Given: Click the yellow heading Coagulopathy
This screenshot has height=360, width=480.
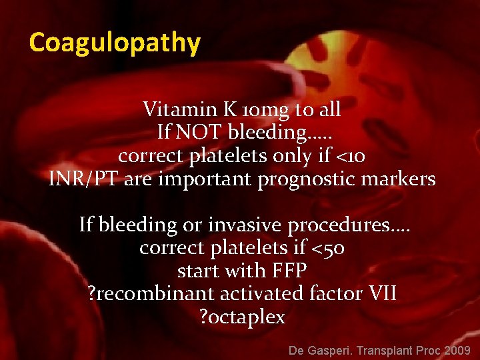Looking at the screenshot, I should (114, 43).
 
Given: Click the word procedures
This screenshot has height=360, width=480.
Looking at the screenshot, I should (341, 225).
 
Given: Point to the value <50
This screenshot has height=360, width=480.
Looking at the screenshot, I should (329, 249).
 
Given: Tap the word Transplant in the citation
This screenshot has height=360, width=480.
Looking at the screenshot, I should (385, 350).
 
